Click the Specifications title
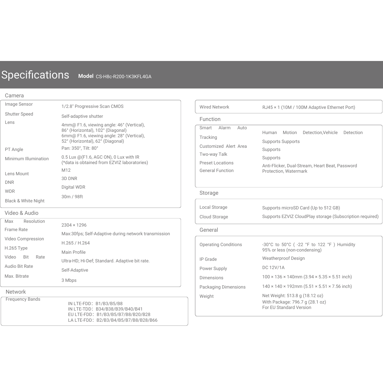point(35,75)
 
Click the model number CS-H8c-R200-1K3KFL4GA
point(124,77)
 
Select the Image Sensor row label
point(19,104)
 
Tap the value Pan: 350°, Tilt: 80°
point(80,148)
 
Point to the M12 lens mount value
point(66,170)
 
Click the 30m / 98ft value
point(72,197)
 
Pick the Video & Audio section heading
point(21,213)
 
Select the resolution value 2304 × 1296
point(74,225)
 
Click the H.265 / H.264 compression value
point(76,243)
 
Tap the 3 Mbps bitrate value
point(69,280)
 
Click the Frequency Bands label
point(23,299)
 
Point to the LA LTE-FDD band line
point(113,320)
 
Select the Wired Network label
point(214,107)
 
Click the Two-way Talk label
point(213,154)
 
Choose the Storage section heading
point(209,193)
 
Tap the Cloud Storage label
point(214,217)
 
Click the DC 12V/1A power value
point(273,267)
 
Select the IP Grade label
point(208,259)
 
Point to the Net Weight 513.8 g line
point(293,296)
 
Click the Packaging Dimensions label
point(222,287)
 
